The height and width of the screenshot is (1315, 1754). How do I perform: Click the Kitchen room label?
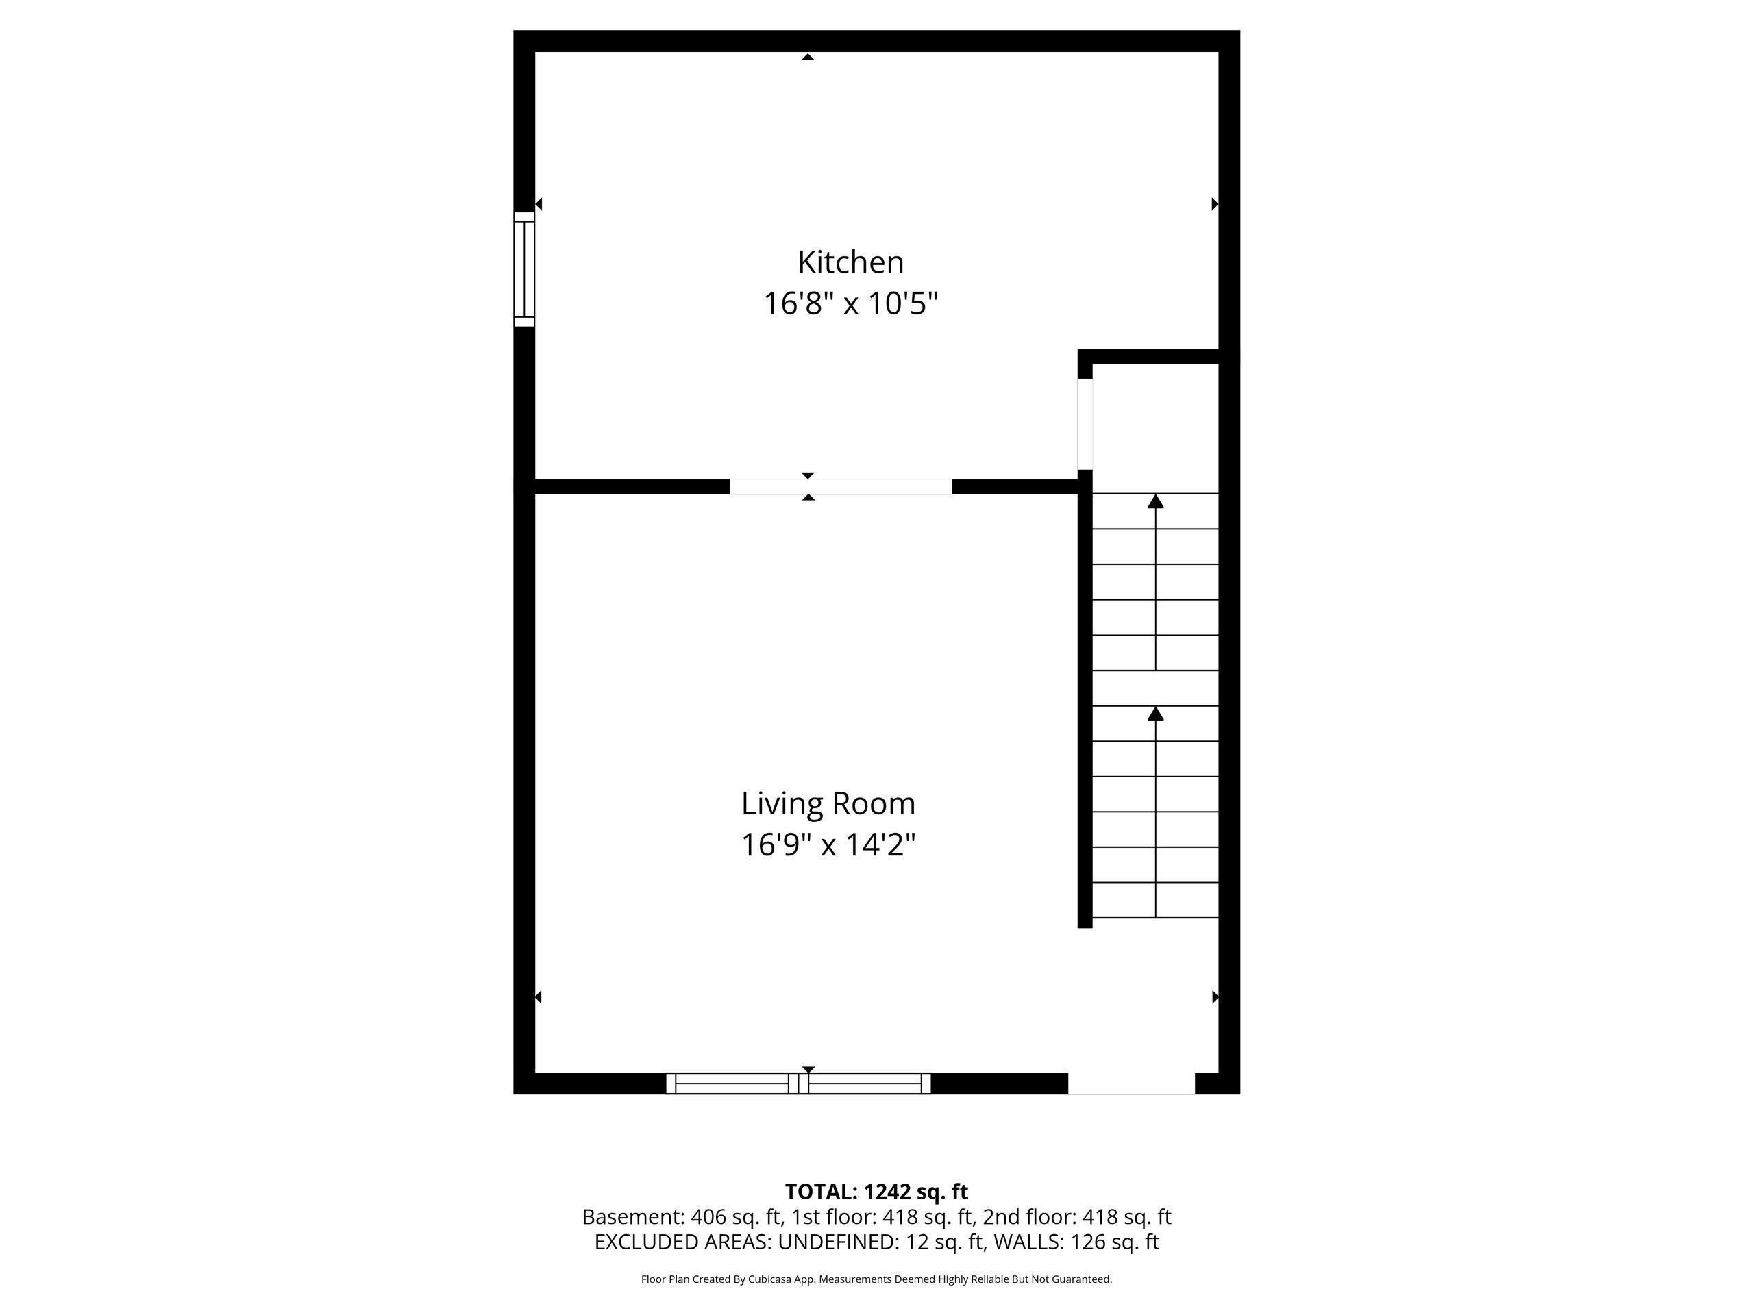850,262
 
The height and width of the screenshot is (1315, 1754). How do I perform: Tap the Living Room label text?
828,804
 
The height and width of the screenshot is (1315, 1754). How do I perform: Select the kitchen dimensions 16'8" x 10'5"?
850,303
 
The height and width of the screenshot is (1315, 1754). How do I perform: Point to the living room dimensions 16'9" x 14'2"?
828,845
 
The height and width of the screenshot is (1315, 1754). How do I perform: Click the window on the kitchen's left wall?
524,268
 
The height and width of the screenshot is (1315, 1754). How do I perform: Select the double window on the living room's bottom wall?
798,1084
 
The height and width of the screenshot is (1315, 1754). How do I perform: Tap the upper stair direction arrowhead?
1155,501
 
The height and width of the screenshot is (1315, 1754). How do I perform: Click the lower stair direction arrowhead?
1155,714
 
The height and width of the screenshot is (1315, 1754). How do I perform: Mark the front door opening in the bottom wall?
1132,1084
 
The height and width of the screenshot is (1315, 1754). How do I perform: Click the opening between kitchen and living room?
841,487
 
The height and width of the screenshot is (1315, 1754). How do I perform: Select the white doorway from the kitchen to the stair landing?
1085,424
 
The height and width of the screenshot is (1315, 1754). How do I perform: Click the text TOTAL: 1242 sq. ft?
876,1191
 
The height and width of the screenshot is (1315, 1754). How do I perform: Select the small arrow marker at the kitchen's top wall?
807,56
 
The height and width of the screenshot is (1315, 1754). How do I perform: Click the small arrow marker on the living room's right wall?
1215,997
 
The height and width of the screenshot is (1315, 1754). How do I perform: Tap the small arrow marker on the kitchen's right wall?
1215,205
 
